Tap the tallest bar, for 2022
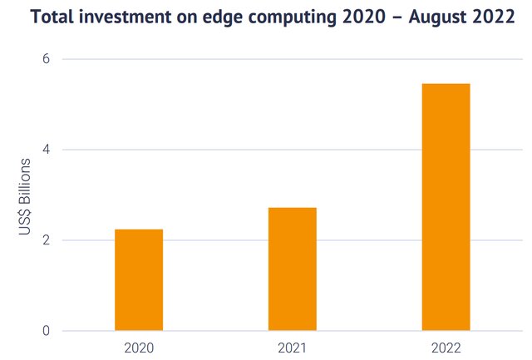click(446, 207)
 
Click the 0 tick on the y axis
click(46, 331)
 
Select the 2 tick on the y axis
click(46, 240)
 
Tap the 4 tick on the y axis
click(46, 150)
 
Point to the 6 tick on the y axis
click(46, 59)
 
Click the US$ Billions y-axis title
click(24, 195)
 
